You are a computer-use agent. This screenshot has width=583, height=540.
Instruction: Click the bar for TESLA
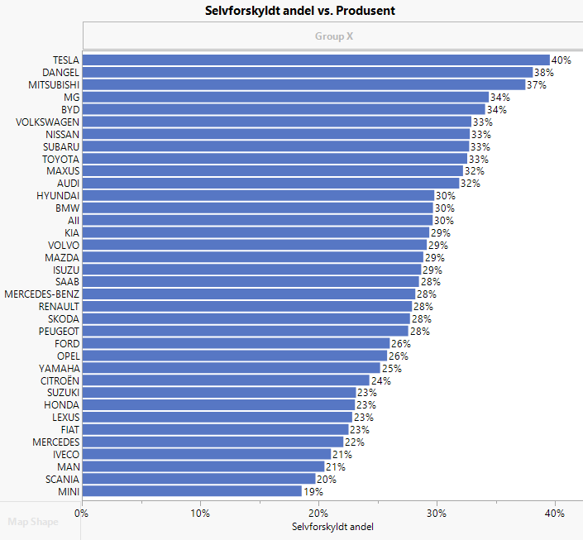point(316,60)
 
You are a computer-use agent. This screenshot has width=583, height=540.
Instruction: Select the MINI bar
point(192,491)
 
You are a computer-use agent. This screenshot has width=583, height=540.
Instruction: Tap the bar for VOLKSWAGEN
point(276,122)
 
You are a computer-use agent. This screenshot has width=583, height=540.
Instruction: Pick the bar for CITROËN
point(226,380)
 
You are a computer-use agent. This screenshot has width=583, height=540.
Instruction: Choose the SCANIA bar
point(198,479)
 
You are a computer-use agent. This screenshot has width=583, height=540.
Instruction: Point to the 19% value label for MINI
point(313,492)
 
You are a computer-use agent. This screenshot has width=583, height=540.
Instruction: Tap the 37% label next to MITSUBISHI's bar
point(537,85)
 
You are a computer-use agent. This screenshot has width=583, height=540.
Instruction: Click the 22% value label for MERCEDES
point(354,442)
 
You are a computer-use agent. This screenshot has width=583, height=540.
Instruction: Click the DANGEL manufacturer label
point(60,72)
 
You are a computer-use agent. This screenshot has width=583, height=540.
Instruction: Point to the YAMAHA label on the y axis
point(59,368)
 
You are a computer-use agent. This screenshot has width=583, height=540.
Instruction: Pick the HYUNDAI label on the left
point(58,195)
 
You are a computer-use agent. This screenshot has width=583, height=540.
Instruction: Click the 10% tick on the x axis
point(200,514)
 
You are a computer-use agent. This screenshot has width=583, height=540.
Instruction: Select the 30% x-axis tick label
point(437,514)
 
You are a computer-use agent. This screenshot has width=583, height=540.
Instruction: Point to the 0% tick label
point(82,514)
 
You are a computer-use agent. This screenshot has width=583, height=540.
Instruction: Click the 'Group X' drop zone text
point(333,36)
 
